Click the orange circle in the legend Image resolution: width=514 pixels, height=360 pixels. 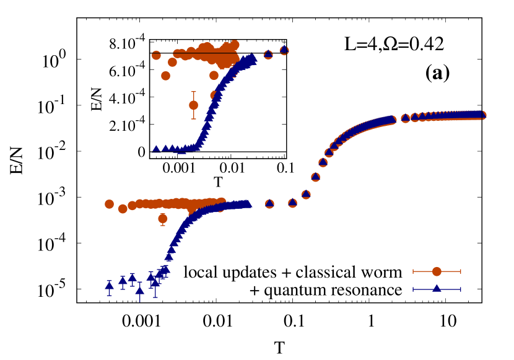coord(437,271)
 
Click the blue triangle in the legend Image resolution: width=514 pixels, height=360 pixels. coord(437,289)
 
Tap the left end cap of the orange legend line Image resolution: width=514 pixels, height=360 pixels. coord(414,271)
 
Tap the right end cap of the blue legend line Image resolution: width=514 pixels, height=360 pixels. coord(460,289)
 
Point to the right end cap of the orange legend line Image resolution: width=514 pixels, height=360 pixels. coord(460,271)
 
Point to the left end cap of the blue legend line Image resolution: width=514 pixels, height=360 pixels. coord(414,289)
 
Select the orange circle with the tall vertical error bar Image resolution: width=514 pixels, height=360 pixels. coord(193,105)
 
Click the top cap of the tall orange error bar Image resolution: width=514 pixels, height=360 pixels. coord(193,92)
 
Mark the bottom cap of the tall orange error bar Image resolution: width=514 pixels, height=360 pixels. coord(193,118)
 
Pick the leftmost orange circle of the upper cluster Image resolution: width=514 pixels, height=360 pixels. coord(156,55)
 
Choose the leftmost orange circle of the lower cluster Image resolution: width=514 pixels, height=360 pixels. coord(109,204)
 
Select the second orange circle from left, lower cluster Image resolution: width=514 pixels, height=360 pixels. coord(123,209)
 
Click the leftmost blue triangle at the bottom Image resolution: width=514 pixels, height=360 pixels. coord(109,286)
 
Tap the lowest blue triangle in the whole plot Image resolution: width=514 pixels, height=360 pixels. coord(140,290)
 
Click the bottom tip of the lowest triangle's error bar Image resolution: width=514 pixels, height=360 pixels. coord(140,301)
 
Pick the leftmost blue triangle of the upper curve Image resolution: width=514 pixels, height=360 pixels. coord(156,149)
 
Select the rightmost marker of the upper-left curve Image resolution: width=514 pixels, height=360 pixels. coord(284,50)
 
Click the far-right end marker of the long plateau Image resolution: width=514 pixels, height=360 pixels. coord(481,115)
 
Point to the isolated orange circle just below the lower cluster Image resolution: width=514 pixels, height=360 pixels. coord(162,218)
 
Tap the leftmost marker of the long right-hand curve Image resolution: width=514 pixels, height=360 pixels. coord(269,204)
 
